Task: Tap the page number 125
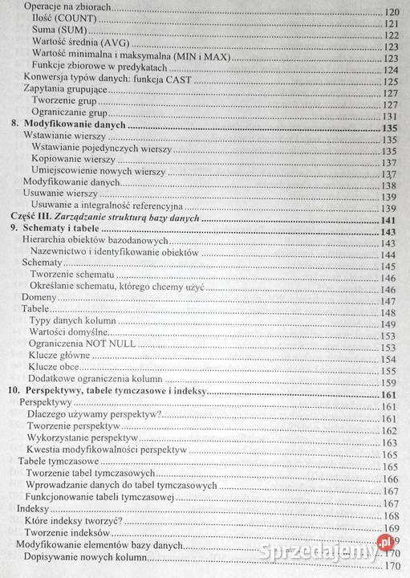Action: (392, 80)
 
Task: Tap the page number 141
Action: (392, 220)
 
